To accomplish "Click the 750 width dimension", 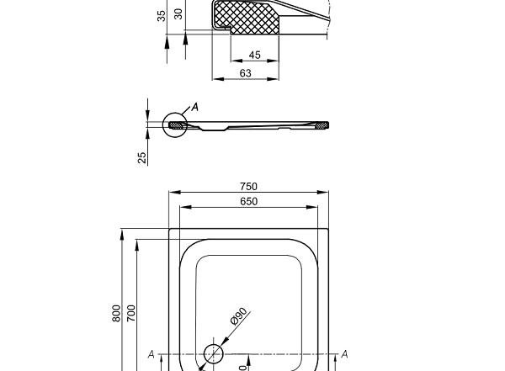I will click(248, 187).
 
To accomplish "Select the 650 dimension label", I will click(248, 202).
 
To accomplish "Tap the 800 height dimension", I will click(117, 313).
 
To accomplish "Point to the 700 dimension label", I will click(131, 313).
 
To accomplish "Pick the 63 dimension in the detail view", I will click(245, 73).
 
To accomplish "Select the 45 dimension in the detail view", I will click(253, 56).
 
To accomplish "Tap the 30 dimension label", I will click(178, 13).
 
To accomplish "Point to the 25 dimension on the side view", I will click(143, 156).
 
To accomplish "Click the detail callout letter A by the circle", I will click(195, 107).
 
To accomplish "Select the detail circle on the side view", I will click(177, 125).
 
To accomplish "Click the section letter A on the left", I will click(151, 354).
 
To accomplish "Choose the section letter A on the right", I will click(344, 354).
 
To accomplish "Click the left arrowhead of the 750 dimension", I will click(172, 193).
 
